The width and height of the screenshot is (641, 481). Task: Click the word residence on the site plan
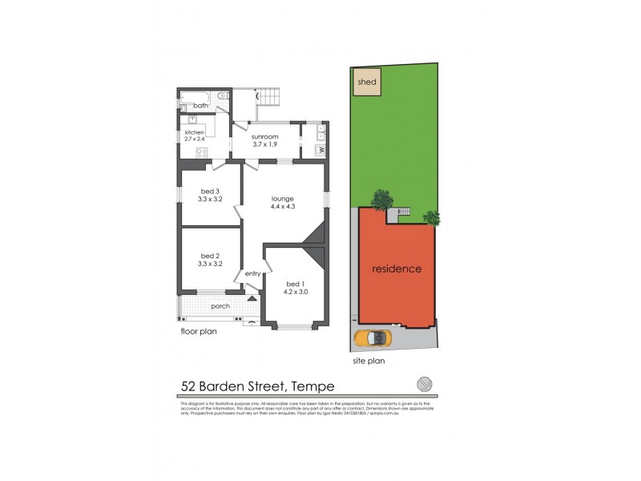[x=396, y=269]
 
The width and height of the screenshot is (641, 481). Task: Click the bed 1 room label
[x=295, y=284]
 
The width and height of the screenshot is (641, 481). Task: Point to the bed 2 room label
[x=209, y=256]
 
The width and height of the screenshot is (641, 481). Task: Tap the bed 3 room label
[x=209, y=190]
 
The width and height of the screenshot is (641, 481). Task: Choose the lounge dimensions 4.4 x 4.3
[x=283, y=207]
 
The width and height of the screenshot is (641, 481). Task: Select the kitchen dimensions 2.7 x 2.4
[x=195, y=139]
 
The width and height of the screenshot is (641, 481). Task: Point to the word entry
[x=253, y=274]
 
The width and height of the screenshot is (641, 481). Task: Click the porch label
[x=220, y=305]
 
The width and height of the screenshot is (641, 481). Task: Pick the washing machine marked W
[x=320, y=150]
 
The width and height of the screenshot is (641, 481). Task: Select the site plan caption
[x=369, y=361]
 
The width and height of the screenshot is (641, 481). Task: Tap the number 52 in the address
[x=189, y=386]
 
